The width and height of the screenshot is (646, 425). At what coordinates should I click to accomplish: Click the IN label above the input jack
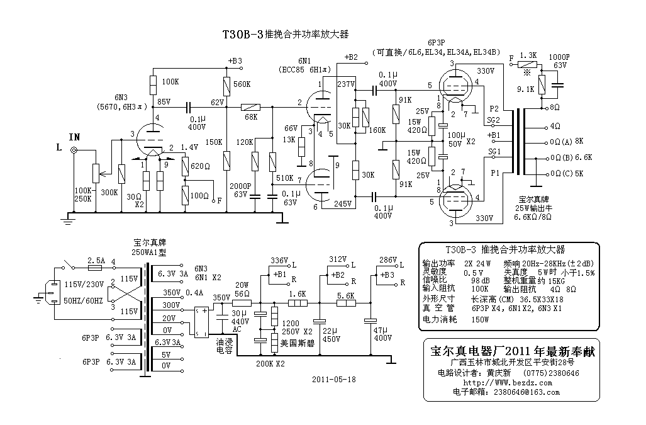pyautogui.click(x=75, y=137)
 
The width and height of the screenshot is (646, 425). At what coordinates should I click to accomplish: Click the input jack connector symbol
pyautogui.click(x=74, y=150)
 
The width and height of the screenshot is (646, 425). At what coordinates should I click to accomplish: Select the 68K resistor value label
pyautogui.click(x=251, y=117)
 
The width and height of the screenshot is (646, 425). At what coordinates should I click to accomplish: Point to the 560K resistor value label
pyautogui.click(x=242, y=84)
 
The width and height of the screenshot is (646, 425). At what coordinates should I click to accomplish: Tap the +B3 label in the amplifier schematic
pyautogui.click(x=235, y=60)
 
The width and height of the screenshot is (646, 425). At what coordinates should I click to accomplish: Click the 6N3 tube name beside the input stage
pyautogui.click(x=121, y=98)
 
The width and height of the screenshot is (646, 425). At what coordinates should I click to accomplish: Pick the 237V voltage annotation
pyautogui.click(x=346, y=84)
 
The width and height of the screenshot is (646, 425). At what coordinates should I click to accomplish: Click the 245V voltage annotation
pyautogui.click(x=343, y=203)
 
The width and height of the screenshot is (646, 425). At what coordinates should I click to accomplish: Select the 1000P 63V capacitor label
pyautogui.click(x=559, y=61)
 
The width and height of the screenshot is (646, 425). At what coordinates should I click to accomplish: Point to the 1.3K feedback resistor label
pyautogui.click(x=528, y=55)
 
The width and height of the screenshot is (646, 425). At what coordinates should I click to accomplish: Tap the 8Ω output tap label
pyautogui.click(x=555, y=107)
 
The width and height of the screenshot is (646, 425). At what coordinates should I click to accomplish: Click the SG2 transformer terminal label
pyautogui.click(x=494, y=120)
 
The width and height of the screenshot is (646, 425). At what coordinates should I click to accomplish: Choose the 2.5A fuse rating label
pyautogui.click(x=96, y=261)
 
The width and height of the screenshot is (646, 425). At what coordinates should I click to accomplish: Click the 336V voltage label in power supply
pyautogui.click(x=279, y=261)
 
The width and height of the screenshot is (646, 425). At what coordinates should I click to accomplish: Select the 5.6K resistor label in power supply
pyautogui.click(x=346, y=295)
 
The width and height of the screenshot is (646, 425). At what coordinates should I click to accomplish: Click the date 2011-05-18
pyautogui.click(x=334, y=379)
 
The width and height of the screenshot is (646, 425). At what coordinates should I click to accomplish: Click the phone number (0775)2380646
pyautogui.click(x=551, y=373)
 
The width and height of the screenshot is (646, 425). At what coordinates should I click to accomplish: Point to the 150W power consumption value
pyautogui.click(x=480, y=319)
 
